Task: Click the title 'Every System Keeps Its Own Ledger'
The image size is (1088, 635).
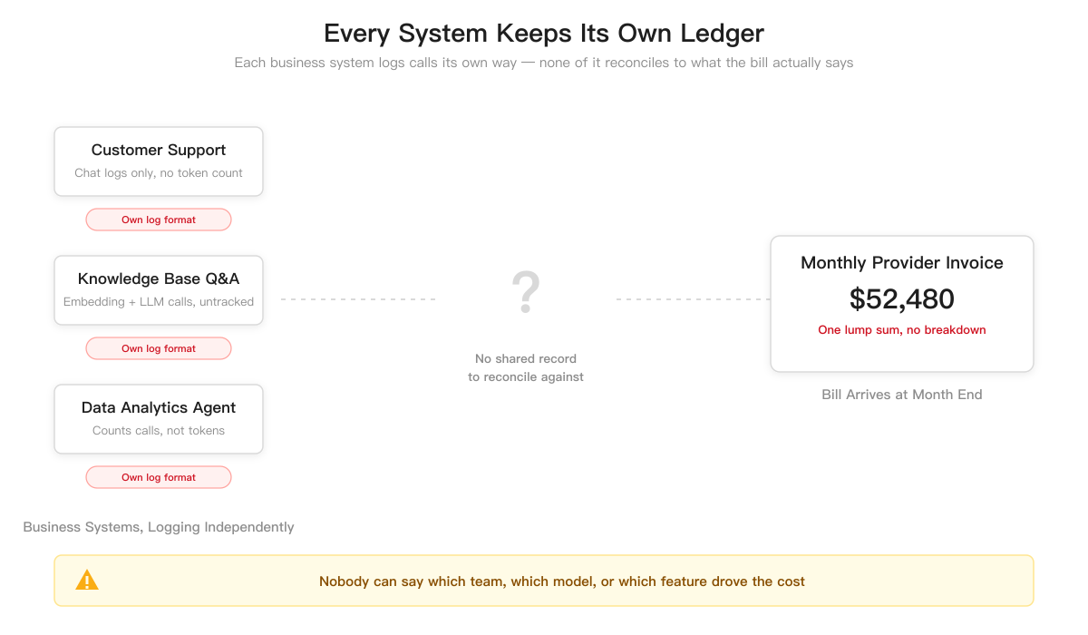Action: (544, 34)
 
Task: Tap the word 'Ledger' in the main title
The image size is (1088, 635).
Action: (723, 34)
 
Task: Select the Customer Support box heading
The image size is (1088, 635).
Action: (159, 150)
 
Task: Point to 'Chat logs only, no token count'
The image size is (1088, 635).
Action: (159, 173)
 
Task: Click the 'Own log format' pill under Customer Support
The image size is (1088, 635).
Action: (159, 220)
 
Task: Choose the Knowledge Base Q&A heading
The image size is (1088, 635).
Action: (159, 278)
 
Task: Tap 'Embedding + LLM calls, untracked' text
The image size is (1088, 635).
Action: (159, 302)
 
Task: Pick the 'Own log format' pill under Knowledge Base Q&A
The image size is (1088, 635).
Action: (159, 348)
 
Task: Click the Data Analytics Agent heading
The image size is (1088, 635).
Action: (159, 407)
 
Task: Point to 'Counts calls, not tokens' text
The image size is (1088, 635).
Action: (159, 431)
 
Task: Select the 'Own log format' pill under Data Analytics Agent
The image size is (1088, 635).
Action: (159, 477)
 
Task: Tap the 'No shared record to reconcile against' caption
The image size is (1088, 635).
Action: (526, 367)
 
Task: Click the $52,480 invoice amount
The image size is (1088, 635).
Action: (901, 298)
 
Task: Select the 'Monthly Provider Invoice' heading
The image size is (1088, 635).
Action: (901, 263)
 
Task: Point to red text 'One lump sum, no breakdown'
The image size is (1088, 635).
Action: (901, 330)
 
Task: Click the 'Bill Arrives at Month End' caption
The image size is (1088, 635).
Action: (901, 395)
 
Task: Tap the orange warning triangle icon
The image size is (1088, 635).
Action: (87, 580)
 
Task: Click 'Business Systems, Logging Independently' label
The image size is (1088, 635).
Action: (159, 527)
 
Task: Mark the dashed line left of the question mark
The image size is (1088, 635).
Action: (358, 299)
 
